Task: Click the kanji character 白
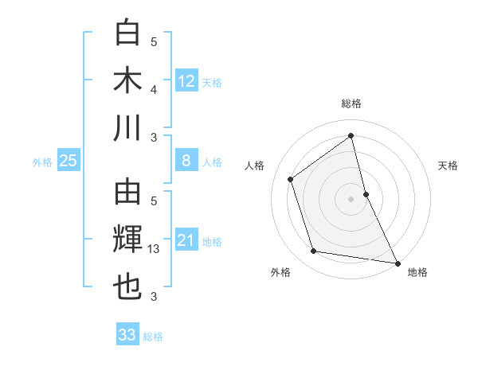click(127, 33)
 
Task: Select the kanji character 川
click(127, 127)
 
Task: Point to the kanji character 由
click(127, 193)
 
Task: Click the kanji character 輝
click(127, 240)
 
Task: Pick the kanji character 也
click(127, 287)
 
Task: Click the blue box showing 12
click(186, 80)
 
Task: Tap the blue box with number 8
click(186, 161)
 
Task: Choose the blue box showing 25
click(68, 161)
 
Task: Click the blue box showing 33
click(127, 335)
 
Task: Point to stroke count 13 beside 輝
click(155, 250)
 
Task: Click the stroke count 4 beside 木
click(154, 89)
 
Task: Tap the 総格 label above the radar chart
click(351, 103)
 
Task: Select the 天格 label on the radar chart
click(448, 166)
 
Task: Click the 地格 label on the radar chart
click(417, 272)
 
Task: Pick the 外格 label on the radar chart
click(280, 272)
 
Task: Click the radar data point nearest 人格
click(291, 179)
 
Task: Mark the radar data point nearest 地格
click(398, 263)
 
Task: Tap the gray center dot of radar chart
click(351, 198)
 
